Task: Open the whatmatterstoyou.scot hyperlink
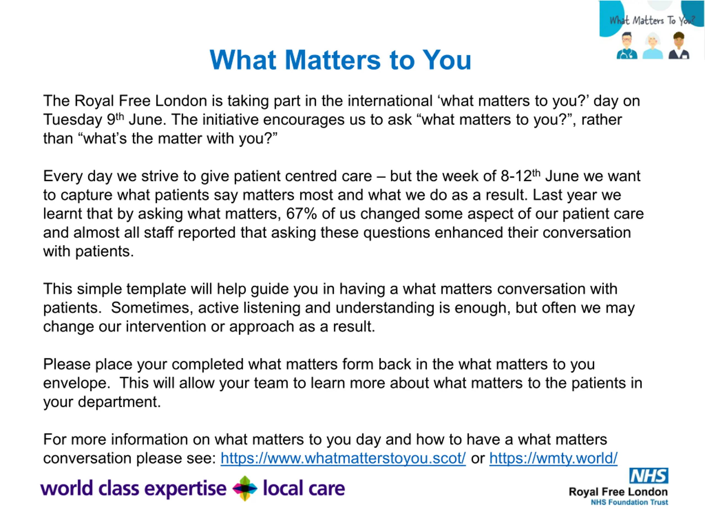[343, 458]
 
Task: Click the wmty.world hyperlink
[553, 458]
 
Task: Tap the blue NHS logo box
[649, 476]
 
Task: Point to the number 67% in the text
[301, 214]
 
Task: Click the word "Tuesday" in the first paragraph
[72, 120]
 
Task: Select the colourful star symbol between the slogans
[245, 488]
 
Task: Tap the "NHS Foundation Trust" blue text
[630, 502]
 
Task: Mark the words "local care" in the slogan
[304, 488]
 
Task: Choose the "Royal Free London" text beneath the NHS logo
[618, 492]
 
